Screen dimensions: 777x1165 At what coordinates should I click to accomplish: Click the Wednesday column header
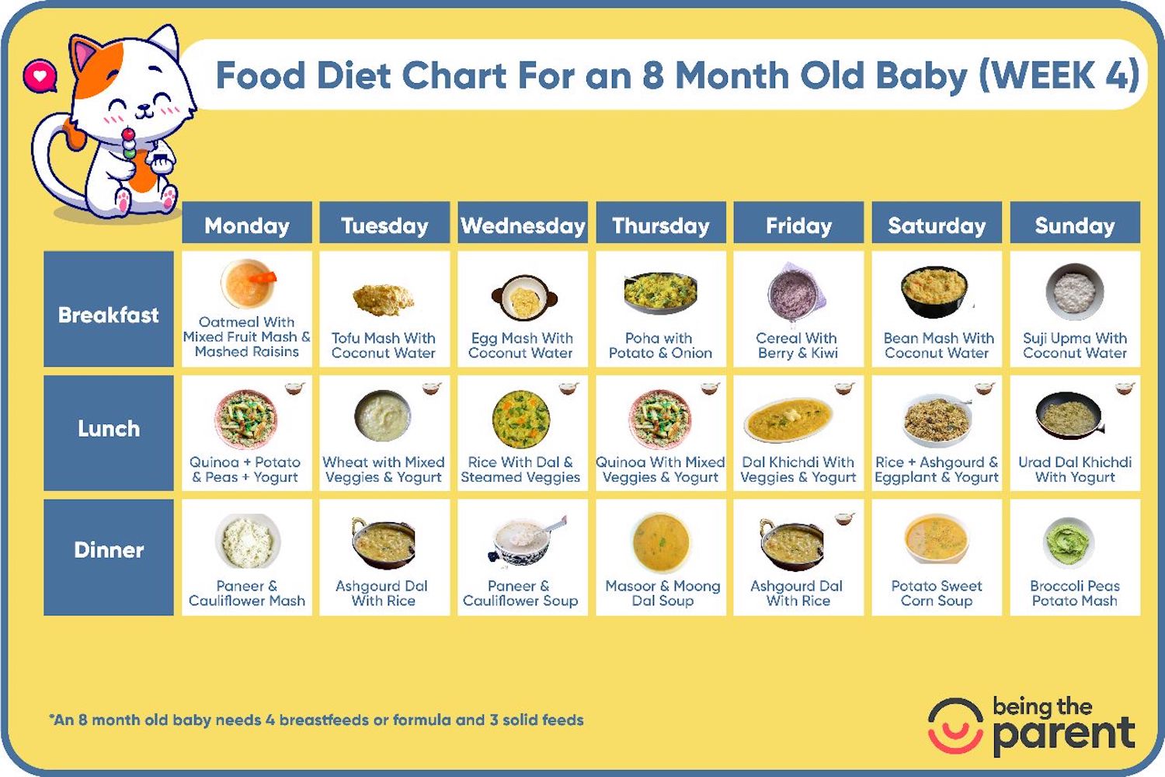click(523, 225)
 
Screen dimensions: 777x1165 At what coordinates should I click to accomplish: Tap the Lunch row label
click(109, 429)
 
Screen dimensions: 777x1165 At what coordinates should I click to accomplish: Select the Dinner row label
click(109, 550)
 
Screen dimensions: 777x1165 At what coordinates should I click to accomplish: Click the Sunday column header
click(1075, 225)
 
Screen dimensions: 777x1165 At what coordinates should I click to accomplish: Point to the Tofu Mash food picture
click(383, 298)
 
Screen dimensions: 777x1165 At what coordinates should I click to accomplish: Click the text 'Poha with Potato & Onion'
click(660, 345)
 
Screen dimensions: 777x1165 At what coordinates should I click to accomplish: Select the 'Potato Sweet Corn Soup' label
click(937, 593)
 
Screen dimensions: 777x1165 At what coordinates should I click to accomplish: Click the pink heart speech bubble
click(40, 76)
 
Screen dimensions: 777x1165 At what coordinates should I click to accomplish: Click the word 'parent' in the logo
click(1064, 733)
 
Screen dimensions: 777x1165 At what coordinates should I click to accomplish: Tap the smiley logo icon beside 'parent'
click(955, 726)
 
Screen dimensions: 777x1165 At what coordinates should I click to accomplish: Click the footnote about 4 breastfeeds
click(317, 720)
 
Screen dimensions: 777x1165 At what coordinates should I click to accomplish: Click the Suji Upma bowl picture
click(1075, 292)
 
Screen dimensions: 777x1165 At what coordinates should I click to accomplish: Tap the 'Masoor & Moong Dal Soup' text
click(662, 593)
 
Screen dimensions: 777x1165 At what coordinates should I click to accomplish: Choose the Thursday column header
click(661, 225)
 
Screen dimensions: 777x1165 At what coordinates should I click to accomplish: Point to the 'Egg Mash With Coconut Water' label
click(521, 345)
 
